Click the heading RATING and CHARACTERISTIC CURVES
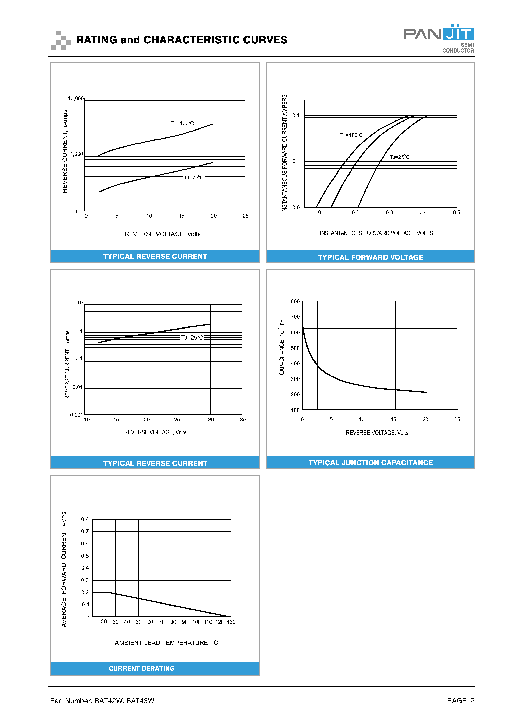pyautogui.click(x=182, y=40)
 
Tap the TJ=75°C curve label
pyautogui.click(x=193, y=178)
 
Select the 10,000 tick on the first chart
pyautogui.click(x=76, y=98)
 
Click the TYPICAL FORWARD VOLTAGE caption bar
pyautogui.click(x=370, y=257)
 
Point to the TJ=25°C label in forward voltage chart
pyautogui.click(x=399, y=157)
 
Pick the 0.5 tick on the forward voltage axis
pyautogui.click(x=456, y=212)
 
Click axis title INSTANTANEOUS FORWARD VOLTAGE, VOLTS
pyautogui.click(x=376, y=233)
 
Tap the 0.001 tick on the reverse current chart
pyautogui.click(x=76, y=415)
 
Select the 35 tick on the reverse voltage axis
pyautogui.click(x=243, y=420)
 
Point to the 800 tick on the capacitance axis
pyautogui.click(x=295, y=301)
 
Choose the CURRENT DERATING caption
pyautogui.click(x=142, y=668)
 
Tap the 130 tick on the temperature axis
pyautogui.click(x=231, y=622)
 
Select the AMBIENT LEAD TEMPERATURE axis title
pyautogui.click(x=166, y=643)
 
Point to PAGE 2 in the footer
pyautogui.click(x=461, y=701)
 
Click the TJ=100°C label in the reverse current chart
pyautogui.click(x=183, y=123)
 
